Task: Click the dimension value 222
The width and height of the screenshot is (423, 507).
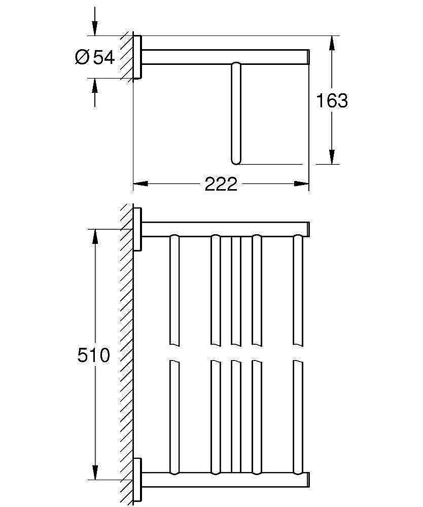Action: (x=221, y=184)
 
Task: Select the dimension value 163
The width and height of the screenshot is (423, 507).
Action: (x=332, y=100)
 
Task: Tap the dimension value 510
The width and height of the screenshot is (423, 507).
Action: (x=93, y=355)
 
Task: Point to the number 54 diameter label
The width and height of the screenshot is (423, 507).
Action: (x=104, y=57)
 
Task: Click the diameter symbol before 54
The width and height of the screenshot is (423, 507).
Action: (x=82, y=57)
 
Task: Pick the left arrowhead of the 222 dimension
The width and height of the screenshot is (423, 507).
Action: (x=140, y=184)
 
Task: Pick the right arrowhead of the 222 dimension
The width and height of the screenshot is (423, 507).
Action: (x=301, y=184)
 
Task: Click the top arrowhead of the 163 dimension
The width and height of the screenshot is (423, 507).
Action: (x=332, y=43)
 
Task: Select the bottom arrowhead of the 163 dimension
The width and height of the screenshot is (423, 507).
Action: (x=332, y=157)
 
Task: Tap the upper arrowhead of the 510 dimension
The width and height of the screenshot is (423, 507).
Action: (x=95, y=237)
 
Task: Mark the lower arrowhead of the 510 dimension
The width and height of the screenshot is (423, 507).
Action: (x=95, y=473)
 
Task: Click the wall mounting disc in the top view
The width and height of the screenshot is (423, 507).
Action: (x=137, y=57)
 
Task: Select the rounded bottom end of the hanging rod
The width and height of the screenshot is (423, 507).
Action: (x=236, y=161)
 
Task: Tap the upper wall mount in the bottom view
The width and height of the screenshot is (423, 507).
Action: (x=138, y=229)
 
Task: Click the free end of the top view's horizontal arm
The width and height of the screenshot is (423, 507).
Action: (x=308, y=57)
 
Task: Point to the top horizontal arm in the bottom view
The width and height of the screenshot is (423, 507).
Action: (x=225, y=229)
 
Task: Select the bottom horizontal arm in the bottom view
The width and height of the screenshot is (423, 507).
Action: (x=225, y=480)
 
